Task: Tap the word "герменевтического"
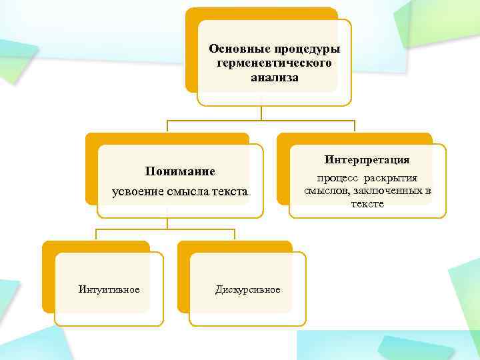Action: [274, 63]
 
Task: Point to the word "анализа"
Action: [275, 77]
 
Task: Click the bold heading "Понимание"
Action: [180, 171]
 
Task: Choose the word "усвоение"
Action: [138, 192]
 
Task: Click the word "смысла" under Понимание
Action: [189, 192]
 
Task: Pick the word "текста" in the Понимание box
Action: [231, 192]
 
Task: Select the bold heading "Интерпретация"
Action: [367, 161]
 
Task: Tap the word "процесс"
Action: [337, 178]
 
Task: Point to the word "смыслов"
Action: [325, 191]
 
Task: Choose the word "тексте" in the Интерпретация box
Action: [367, 203]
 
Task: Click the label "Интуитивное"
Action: [109, 289]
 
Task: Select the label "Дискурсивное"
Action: [248, 289]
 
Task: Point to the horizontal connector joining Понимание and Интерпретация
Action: [261, 121]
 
